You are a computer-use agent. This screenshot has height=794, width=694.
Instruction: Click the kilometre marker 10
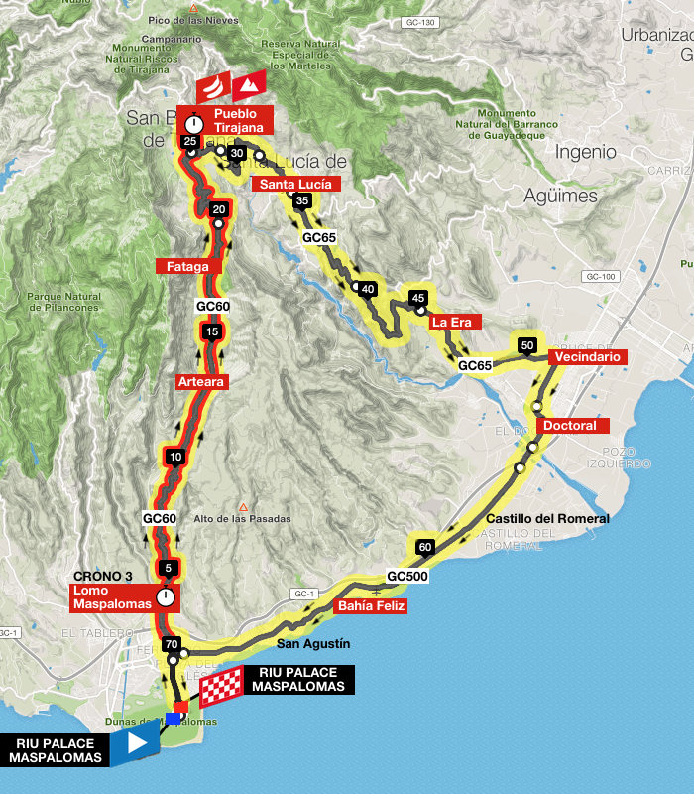(x=175, y=458)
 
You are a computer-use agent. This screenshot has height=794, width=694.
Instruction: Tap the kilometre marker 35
(x=303, y=201)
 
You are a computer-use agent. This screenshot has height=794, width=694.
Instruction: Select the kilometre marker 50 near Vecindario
(x=527, y=345)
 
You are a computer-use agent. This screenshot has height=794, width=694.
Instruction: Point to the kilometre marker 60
(x=425, y=547)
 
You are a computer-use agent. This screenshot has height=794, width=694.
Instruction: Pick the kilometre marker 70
(x=172, y=643)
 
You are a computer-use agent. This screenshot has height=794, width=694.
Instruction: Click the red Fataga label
(x=187, y=266)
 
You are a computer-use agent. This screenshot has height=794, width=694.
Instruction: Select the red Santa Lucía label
(x=296, y=184)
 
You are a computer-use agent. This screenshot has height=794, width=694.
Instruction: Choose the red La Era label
(x=455, y=322)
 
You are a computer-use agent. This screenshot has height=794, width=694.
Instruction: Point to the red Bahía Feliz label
(x=370, y=606)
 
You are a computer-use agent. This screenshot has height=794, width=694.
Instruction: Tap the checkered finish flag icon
(x=221, y=686)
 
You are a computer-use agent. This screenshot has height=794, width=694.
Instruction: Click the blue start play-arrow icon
(x=136, y=742)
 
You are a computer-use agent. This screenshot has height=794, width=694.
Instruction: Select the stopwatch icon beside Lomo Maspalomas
(x=167, y=596)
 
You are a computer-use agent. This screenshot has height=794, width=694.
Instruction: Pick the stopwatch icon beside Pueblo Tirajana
(x=195, y=122)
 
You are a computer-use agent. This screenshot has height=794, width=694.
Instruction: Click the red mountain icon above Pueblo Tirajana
(x=248, y=85)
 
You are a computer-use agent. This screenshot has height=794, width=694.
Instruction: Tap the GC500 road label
(x=406, y=576)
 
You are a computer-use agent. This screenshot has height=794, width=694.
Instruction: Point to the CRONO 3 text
(x=103, y=577)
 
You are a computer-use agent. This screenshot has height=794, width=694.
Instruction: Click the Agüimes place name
(x=563, y=196)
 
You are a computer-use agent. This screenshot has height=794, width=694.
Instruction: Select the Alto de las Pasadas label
(x=242, y=519)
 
